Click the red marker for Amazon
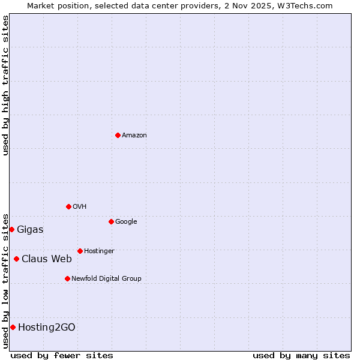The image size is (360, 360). (118, 135)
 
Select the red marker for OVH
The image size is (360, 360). (68, 206)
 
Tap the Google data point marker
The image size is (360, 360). (111, 221)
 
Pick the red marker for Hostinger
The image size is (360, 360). (80, 251)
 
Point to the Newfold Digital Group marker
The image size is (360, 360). (67, 278)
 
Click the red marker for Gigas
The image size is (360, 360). (11, 229)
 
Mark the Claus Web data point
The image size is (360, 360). (16, 259)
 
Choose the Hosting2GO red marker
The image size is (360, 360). (13, 327)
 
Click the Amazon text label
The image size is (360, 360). (134, 135)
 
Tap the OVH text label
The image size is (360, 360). (80, 206)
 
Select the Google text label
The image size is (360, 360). (126, 221)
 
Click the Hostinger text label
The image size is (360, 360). (99, 251)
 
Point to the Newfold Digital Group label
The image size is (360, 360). (106, 278)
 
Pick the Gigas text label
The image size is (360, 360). (30, 229)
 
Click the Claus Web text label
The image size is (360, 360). (47, 259)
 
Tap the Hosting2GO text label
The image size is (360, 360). (47, 327)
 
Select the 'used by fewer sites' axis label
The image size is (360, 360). (62, 355)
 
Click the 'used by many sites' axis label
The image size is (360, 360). (301, 355)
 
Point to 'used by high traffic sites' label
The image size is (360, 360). (5, 85)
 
